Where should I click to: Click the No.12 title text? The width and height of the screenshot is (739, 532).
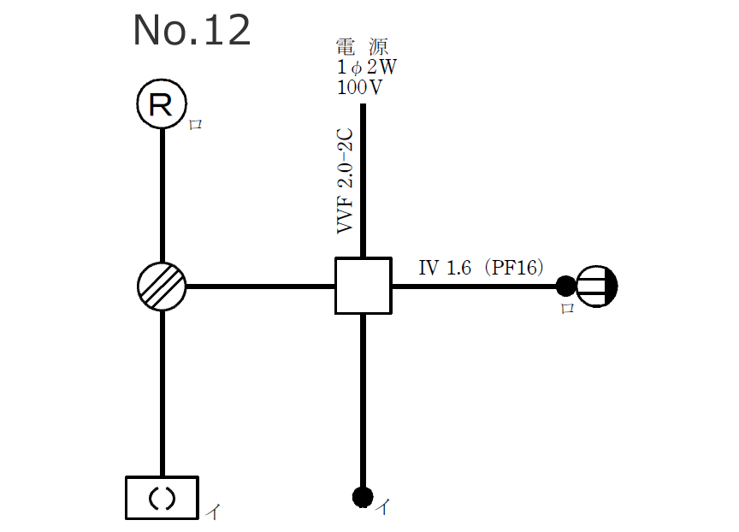pos(192,32)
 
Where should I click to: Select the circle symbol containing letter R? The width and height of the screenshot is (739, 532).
pos(162,104)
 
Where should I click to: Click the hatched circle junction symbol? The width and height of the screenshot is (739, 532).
pos(162,286)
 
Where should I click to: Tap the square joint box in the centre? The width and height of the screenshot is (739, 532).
pos(363,286)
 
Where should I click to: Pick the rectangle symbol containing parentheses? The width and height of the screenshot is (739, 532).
pos(162,498)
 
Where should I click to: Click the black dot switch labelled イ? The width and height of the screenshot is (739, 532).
pos(363,495)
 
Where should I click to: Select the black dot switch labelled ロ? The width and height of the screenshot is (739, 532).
pos(565,286)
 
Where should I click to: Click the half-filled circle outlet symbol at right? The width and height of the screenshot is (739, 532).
pos(596,286)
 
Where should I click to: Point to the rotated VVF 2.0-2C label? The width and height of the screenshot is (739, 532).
pos(346,180)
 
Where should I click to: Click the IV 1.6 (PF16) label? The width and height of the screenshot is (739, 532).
pos(481,268)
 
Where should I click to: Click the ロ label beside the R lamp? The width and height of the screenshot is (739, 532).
pos(195,125)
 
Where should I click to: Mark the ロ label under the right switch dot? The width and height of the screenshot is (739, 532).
pos(566,309)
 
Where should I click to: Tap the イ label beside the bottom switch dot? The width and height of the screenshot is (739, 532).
pos(384,507)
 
